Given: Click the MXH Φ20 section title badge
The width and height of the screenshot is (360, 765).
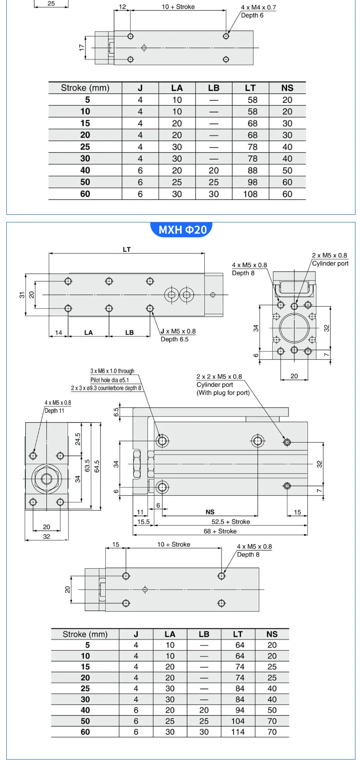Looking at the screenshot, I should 182,230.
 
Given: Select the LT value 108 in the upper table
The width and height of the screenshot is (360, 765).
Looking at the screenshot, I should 250,194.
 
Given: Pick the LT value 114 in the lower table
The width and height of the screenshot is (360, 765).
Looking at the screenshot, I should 238,732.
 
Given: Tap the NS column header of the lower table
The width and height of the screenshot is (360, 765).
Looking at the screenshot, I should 272,634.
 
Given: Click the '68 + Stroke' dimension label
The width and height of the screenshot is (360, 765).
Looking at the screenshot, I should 220,531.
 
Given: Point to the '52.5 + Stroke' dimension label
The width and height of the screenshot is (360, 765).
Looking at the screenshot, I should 230,522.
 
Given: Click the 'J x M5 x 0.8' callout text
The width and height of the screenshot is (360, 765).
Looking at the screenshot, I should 178,331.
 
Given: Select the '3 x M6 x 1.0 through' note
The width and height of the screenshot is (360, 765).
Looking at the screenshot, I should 112,371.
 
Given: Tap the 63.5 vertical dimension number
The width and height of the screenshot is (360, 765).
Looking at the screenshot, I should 87,466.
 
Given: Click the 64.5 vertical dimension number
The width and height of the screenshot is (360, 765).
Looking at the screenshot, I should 97,466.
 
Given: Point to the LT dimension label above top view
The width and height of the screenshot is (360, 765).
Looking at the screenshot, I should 126,249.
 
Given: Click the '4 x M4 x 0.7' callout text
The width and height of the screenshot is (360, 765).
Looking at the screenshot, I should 258,8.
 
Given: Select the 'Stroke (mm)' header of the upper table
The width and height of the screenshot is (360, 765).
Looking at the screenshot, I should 85,88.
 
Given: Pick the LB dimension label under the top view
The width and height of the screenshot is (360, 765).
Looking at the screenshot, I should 130,333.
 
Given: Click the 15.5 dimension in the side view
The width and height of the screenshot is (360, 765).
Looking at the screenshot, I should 143,522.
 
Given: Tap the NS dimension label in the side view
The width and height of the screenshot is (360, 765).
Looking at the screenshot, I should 210,512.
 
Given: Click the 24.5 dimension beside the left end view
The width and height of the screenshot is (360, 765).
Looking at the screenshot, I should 77,439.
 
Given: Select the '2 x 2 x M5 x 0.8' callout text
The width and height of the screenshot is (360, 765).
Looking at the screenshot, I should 219,377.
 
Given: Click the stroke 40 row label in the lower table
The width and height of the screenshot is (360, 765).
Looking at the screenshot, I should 85,710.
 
